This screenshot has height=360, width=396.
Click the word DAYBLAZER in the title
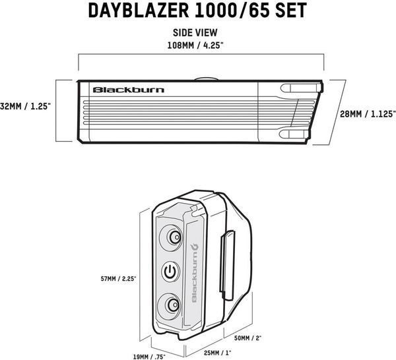(x=139, y=11)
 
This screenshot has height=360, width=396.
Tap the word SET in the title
(x=291, y=11)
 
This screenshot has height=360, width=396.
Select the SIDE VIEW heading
(x=195, y=33)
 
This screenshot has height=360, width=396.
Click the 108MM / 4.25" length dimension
(x=195, y=45)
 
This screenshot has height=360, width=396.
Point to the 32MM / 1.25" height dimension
(x=24, y=106)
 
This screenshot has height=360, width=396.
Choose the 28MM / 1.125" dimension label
(x=368, y=114)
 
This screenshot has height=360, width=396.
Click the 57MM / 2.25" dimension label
(x=118, y=279)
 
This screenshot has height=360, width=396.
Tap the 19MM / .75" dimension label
(x=149, y=357)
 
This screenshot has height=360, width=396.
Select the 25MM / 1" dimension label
(x=217, y=353)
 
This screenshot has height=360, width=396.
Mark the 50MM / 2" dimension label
(x=247, y=338)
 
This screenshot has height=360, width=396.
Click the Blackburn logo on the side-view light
(x=129, y=90)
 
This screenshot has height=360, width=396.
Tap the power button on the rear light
(x=171, y=272)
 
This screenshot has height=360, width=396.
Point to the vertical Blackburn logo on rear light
(x=195, y=272)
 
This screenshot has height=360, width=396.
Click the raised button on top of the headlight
(x=206, y=78)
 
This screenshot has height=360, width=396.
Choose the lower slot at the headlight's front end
(x=294, y=135)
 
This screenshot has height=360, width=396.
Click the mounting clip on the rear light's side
(x=227, y=266)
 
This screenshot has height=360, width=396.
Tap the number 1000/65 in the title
(x=232, y=11)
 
